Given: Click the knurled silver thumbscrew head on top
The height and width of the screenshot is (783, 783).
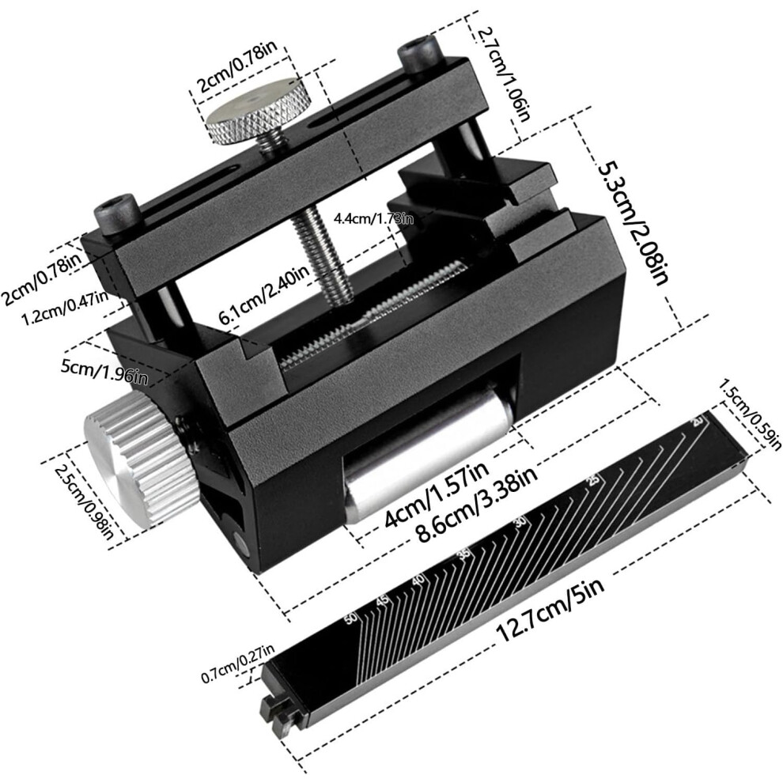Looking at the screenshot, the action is (x=257, y=111).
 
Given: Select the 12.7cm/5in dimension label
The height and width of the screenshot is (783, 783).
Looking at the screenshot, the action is (x=550, y=611).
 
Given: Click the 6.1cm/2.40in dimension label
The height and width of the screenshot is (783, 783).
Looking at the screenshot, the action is (x=265, y=296).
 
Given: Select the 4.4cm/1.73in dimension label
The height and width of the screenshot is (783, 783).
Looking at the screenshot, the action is (x=373, y=218).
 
